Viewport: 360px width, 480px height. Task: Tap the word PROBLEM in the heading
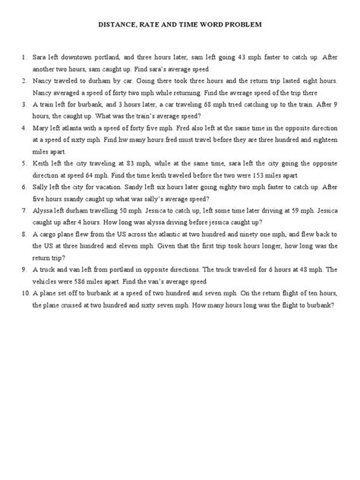point(244,24)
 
